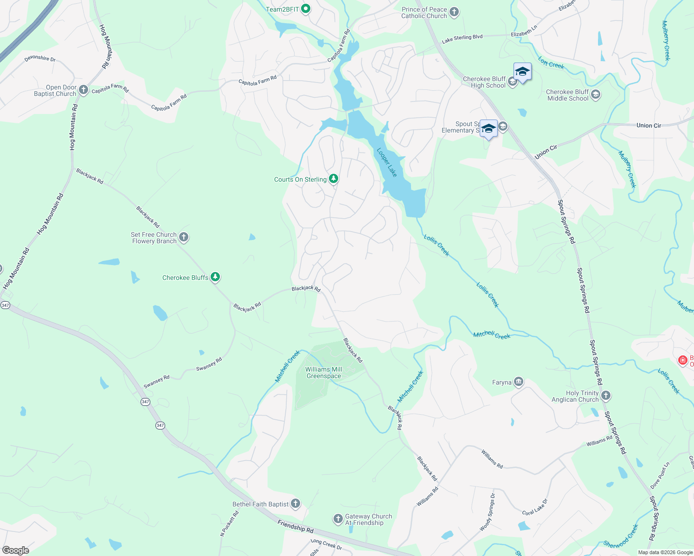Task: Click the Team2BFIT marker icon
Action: (x=305, y=9)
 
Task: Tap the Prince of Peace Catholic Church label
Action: (x=424, y=13)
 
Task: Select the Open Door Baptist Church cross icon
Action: (x=84, y=90)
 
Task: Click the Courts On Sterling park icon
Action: (x=334, y=179)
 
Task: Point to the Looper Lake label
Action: (x=386, y=162)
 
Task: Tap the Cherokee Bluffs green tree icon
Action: (x=215, y=277)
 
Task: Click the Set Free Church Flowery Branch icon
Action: (x=184, y=237)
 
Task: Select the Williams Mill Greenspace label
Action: (x=324, y=373)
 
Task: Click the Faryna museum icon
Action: (x=519, y=382)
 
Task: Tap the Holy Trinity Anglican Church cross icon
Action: (x=606, y=396)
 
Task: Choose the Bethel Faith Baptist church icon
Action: (x=296, y=504)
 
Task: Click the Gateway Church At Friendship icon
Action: (x=338, y=519)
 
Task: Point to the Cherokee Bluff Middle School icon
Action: (x=596, y=95)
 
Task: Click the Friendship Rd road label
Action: (x=296, y=526)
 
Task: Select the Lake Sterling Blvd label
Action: (x=462, y=39)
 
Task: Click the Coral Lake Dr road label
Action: (x=535, y=507)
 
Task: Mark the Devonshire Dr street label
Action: (x=40, y=58)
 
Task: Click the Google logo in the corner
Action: (x=16, y=550)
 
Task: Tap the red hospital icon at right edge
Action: (x=682, y=360)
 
